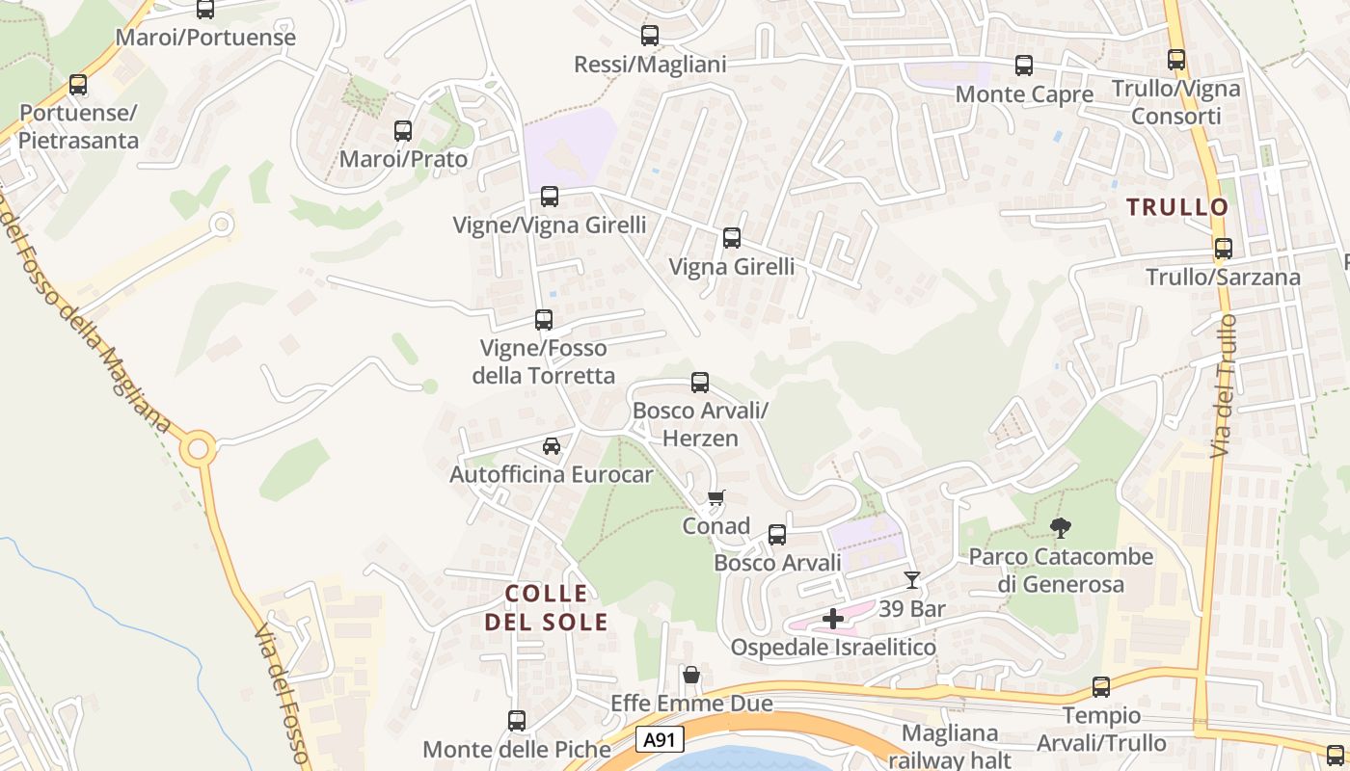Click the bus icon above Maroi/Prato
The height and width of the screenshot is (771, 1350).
pos(403,131)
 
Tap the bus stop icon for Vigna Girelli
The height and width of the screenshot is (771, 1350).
pos(732,238)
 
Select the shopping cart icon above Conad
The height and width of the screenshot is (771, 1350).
pos(715,498)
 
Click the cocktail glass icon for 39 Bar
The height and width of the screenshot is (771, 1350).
pos(911,580)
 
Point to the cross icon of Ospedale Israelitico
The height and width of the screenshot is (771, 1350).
pos(833,619)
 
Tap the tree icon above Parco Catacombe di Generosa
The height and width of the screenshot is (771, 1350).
pos(1061,528)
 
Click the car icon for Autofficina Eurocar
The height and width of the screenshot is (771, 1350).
pos(552,446)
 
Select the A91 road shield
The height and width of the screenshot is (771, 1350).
pos(660,740)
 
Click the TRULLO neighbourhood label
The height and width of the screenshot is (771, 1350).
pos(1177,207)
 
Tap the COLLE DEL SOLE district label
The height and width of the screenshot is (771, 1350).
pos(546,607)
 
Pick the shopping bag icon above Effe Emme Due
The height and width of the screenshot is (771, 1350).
pos(691,675)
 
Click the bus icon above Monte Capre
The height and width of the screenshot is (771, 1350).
pos(1024,66)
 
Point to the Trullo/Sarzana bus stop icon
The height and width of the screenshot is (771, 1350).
pos(1224,249)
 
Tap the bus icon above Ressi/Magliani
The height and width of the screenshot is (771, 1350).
pos(650,36)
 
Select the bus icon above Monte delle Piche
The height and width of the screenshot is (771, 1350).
pos(517,721)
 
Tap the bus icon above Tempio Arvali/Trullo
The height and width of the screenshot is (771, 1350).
pos(1101,687)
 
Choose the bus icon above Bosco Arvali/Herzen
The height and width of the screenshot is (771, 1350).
pos(700,383)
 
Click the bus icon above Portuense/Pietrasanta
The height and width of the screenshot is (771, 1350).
pos(78,85)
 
